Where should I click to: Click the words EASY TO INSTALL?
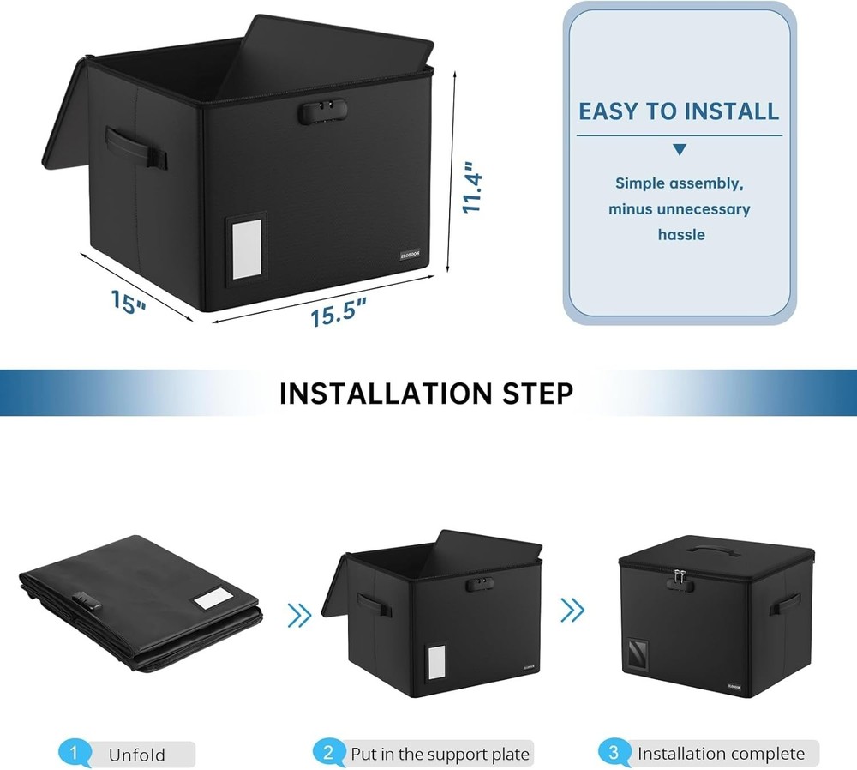(679, 111)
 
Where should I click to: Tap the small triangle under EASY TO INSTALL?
(680, 150)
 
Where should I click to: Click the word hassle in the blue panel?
(680, 234)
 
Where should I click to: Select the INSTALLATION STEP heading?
(426, 393)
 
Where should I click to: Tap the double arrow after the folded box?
(299, 614)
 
